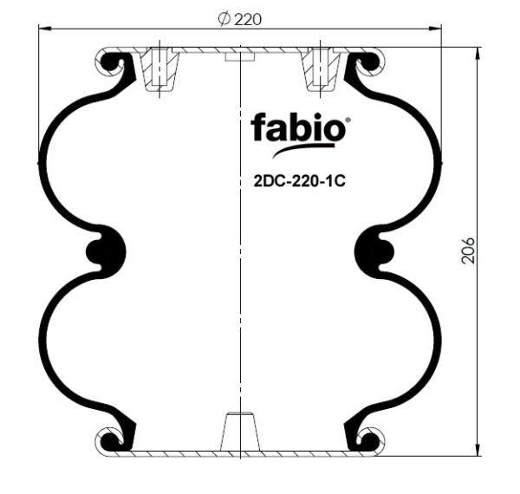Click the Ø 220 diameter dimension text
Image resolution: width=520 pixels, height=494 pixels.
[240, 18]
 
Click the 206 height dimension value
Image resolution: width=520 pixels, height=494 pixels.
[469, 251]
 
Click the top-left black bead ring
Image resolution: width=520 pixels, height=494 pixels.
[113, 62]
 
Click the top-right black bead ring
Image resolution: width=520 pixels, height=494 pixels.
[367, 62]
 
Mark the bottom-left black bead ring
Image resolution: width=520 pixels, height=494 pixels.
[113, 440]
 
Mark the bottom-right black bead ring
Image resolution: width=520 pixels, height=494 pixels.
[367, 440]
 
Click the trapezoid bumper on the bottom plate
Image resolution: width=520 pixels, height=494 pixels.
[239, 431]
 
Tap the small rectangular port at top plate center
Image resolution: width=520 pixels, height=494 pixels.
[239, 57]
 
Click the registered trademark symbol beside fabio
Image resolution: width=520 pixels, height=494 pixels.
[348, 120]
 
